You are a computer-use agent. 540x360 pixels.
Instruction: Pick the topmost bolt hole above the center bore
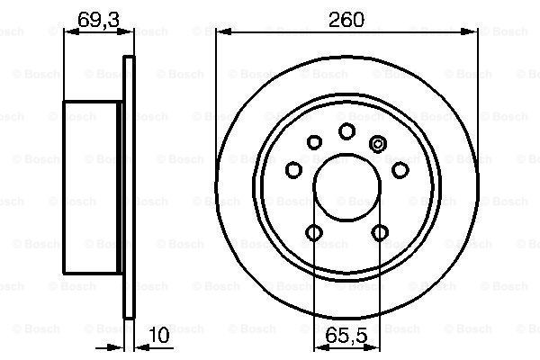tap(346, 132)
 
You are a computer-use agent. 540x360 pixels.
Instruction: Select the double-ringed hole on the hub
tap(378, 141)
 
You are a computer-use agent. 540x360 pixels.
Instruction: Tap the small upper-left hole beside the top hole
tap(314, 141)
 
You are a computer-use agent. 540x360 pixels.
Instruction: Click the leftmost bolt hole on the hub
tap(293, 170)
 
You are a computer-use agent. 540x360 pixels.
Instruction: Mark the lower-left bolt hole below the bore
tap(313, 234)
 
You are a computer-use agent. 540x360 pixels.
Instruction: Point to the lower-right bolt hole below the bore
tap(379, 234)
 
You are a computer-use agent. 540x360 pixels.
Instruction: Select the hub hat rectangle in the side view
tap(92, 187)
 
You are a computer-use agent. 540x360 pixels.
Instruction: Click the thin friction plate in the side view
tap(129, 187)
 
